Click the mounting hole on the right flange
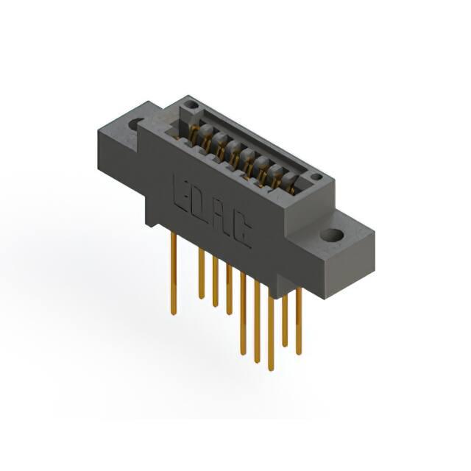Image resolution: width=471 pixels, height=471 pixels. coord(332,235)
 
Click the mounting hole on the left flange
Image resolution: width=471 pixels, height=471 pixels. coord(135,124)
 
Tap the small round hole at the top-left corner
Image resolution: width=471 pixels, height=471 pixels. coord(191,105)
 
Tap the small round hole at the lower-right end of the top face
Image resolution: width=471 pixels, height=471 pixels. coord(316,177)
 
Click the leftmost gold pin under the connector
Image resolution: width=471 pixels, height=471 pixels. coord(174,274)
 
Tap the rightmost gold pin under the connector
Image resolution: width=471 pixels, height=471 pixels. coord(299,321)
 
